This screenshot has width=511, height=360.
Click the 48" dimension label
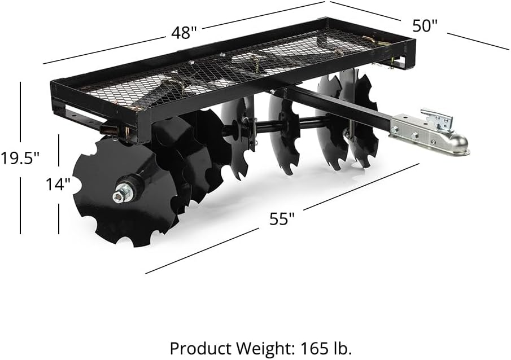(x=184, y=33)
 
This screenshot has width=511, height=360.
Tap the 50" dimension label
(x=424, y=25)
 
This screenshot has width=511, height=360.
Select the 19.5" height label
(x=20, y=159)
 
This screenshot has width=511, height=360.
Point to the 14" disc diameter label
(x=58, y=185)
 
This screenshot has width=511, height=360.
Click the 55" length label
(x=282, y=218)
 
